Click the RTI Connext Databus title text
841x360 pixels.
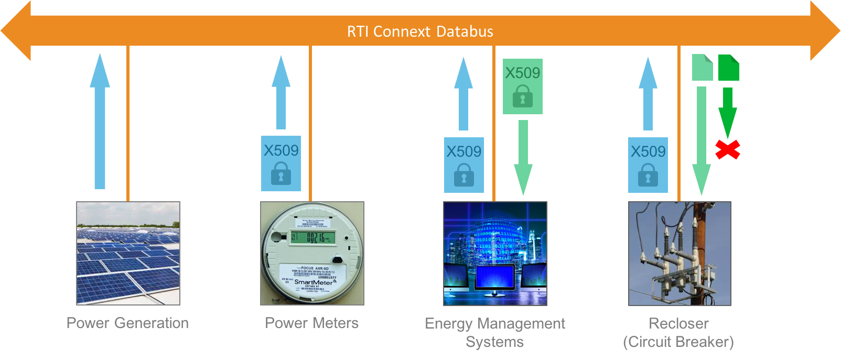tap(420, 31)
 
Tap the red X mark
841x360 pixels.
tap(728, 150)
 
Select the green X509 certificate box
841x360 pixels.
tap(522, 86)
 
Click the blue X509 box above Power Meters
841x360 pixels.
tap(281, 163)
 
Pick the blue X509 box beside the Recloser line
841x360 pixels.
tap(648, 165)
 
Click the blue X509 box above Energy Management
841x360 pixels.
tap(463, 165)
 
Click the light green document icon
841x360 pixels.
tap(702, 68)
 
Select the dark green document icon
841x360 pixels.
tap(728, 68)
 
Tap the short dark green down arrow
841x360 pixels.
tap(727, 113)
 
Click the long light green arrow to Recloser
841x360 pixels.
tap(702, 141)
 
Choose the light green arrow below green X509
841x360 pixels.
tap(523, 157)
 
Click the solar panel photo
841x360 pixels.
tap(128, 253)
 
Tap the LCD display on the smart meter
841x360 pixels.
tap(314, 238)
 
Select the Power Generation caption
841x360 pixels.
tap(127, 323)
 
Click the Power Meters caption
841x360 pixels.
tap(311, 323)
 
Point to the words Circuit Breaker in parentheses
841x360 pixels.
tap(678, 342)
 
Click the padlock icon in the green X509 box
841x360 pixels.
tap(522, 97)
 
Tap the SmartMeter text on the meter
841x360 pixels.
tap(314, 282)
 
